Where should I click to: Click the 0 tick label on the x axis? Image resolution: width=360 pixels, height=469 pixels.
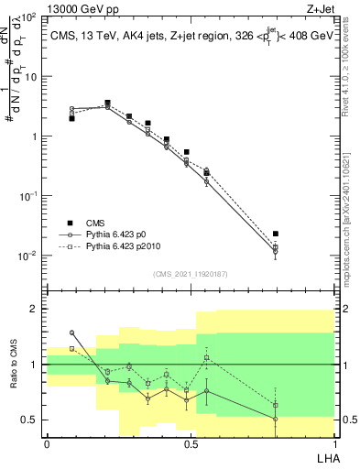(x=47, y=443)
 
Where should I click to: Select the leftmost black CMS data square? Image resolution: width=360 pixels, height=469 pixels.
(x=71, y=118)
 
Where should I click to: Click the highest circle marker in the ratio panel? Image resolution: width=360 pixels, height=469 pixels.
(x=71, y=333)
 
